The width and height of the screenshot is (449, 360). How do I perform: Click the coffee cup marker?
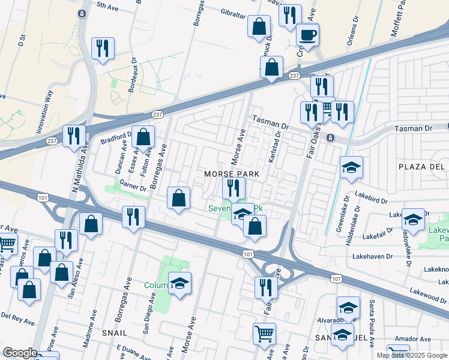click(x=308, y=36)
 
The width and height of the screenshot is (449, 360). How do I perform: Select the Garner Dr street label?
click(x=133, y=186)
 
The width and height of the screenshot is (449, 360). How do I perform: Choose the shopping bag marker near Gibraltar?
click(x=260, y=28)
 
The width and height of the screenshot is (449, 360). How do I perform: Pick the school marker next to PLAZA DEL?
click(x=351, y=169)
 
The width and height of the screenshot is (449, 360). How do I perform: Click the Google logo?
click(x=20, y=353)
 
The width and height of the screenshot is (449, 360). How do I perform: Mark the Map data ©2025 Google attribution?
click(x=411, y=355)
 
